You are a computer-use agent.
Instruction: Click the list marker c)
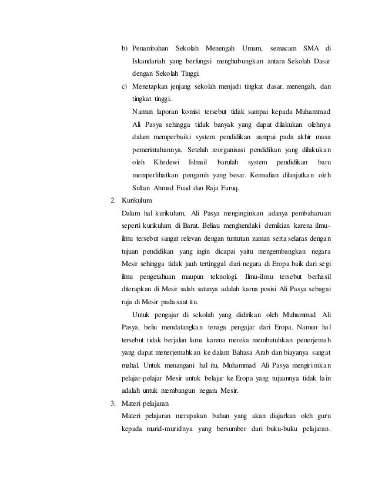(125, 86)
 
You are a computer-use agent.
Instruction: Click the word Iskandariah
(150, 60)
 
